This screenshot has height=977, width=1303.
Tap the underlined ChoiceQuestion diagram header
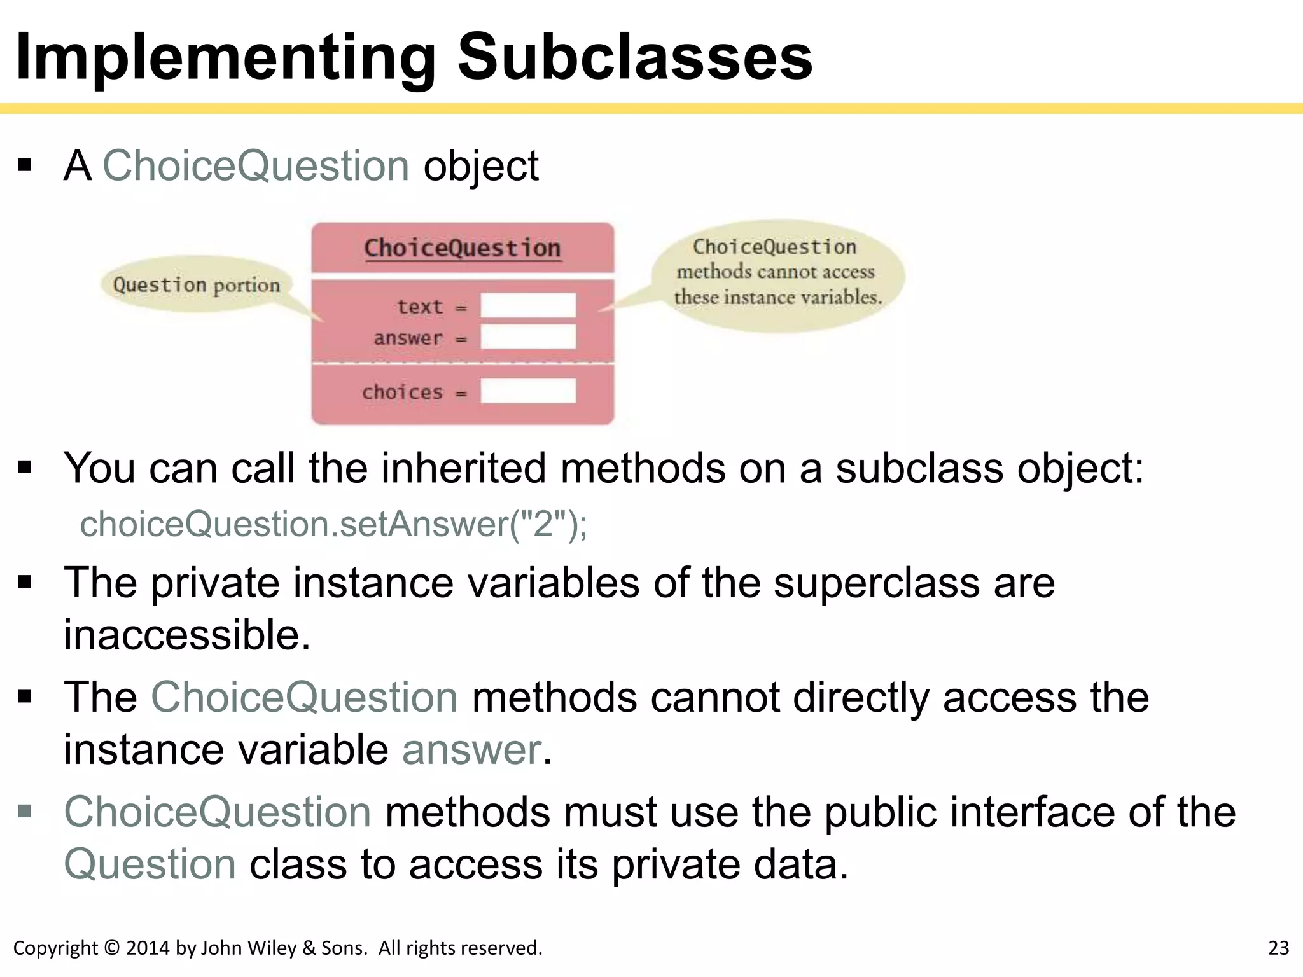pos(463,247)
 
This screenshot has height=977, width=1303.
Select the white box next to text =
pos(528,305)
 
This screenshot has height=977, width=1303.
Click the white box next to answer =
pos(528,337)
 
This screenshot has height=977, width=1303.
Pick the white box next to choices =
pos(528,391)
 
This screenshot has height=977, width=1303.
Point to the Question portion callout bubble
pos(196,284)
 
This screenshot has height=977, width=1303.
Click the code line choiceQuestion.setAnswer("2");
pos(333,525)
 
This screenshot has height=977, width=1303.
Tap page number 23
pos(1278,948)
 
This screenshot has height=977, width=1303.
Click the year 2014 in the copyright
pos(148,948)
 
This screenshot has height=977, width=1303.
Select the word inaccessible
pos(187,635)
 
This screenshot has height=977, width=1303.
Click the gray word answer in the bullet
pos(471,749)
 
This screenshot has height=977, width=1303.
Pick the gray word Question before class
pos(150,864)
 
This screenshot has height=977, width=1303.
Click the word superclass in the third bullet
pos(879,583)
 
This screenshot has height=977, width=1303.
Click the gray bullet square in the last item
pos(25,811)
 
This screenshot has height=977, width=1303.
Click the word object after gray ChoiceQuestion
pos(481,166)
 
